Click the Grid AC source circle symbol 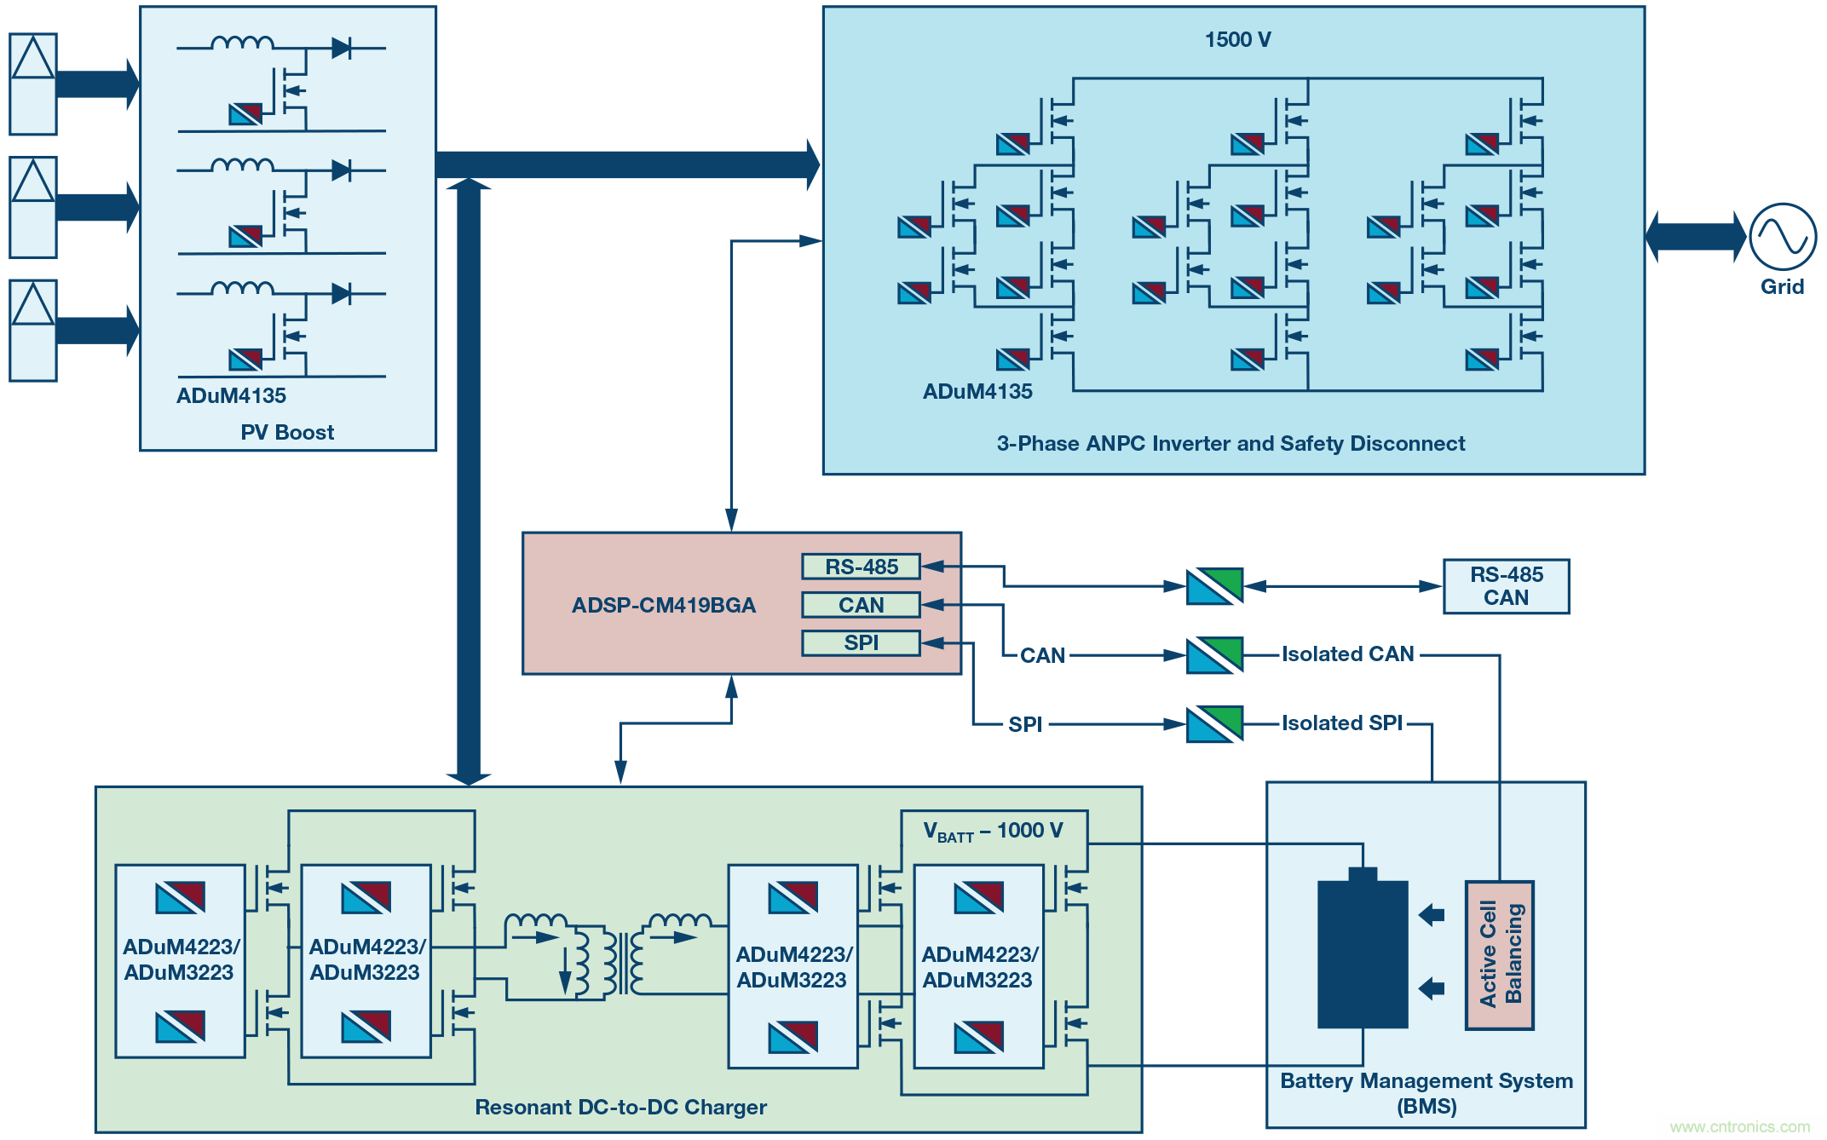[1782, 237]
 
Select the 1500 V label [1237, 40]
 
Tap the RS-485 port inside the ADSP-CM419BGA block [861, 567]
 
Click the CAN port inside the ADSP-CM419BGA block [861, 605]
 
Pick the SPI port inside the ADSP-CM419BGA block [861, 643]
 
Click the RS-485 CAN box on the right [1506, 586]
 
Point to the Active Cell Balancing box [1500, 955]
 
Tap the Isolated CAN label [1347, 654]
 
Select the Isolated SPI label [1341, 723]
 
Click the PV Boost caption [287, 433]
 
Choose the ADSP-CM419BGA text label [663, 606]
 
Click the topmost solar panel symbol [33, 84]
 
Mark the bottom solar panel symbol [33, 331]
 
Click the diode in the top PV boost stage [341, 48]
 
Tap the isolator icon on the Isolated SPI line [1214, 724]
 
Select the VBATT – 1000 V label [993, 831]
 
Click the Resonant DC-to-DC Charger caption [620, 1108]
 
